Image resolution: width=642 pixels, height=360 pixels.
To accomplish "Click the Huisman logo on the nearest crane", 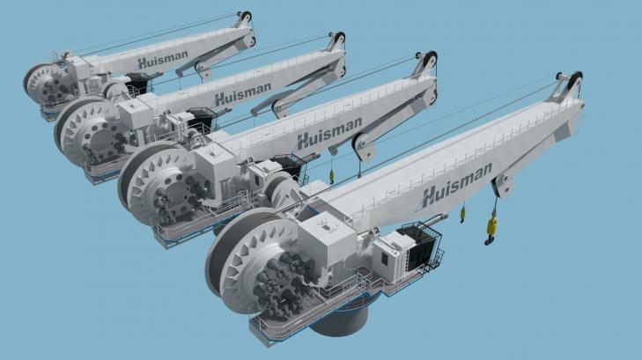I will tap(453, 193).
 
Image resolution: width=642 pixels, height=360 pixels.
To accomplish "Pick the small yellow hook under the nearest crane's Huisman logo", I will tap(461, 214).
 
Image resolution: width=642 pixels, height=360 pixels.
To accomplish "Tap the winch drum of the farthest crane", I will tap(44, 84).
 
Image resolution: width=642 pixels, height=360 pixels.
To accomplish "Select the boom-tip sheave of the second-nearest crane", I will tap(429, 62).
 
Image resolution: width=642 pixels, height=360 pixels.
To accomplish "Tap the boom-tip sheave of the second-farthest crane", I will tap(337, 39).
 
